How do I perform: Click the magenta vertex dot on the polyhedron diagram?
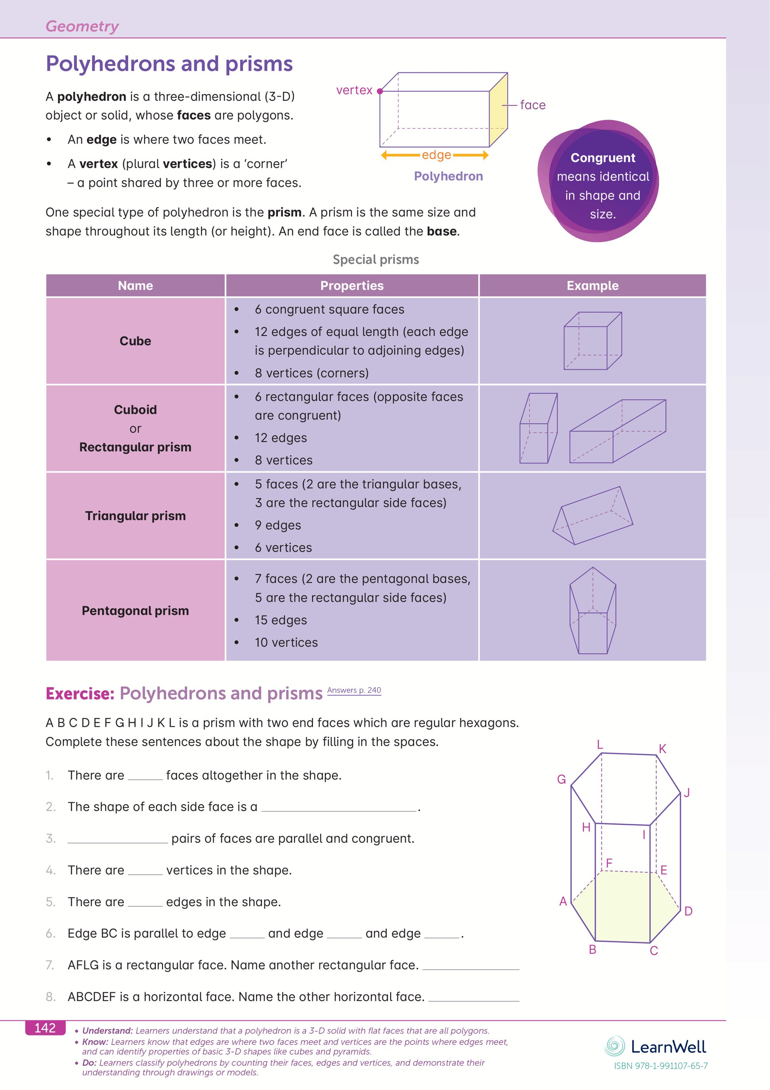pos(380,91)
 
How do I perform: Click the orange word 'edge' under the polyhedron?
pos(436,155)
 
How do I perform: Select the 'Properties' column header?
pos(352,285)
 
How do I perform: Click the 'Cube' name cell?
pos(135,341)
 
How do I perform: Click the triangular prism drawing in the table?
pos(592,516)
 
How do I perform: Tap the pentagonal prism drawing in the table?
pos(592,610)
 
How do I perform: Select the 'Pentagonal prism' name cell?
pos(135,610)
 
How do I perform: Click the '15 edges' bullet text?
pos(281,620)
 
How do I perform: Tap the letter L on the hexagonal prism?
pos(600,744)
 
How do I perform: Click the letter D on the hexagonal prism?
pos(688,911)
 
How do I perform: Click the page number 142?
pos(45,1028)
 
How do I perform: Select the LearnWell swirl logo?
pos(615,1046)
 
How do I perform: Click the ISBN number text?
pos(661,1066)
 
